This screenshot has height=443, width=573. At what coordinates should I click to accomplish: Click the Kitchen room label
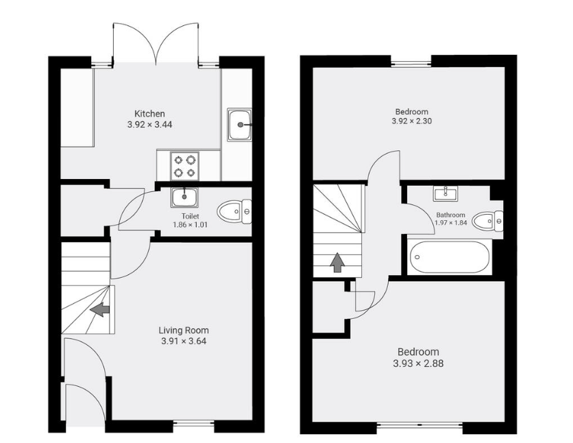149,114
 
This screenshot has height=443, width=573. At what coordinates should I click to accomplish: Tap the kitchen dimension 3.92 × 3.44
149,125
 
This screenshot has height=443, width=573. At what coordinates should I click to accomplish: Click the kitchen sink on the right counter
239,124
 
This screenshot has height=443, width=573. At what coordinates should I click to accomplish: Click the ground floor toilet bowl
234,211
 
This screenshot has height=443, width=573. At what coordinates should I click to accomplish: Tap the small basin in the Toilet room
184,197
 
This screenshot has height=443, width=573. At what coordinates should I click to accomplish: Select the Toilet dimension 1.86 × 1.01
191,224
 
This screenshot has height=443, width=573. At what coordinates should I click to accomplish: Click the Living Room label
184,330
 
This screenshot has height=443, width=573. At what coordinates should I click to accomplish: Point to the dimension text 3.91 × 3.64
184,341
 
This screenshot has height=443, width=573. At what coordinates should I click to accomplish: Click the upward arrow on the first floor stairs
337,263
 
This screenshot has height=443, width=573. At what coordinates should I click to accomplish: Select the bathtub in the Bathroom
450,258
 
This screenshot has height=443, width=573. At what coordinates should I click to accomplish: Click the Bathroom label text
451,215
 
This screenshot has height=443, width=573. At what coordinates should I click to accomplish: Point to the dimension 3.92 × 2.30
411,121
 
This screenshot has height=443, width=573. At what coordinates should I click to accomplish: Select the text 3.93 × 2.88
417,363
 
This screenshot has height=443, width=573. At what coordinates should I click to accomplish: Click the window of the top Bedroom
411,64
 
